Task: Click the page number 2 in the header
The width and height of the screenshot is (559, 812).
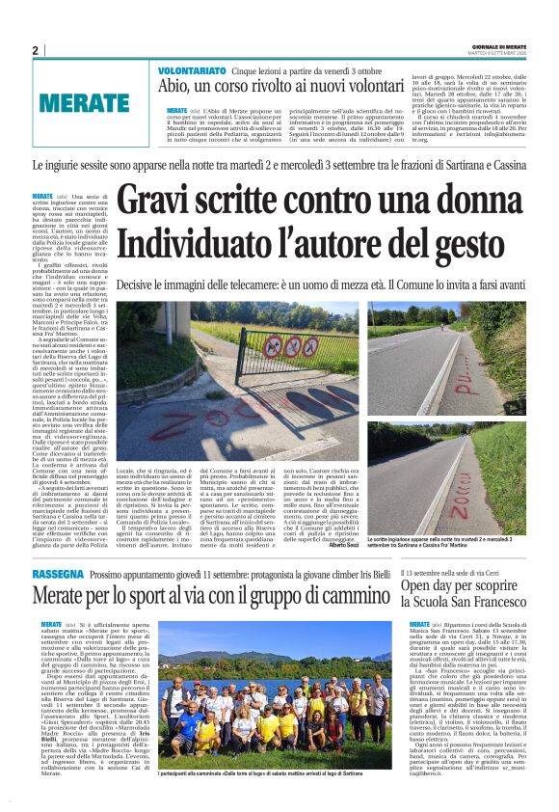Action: (x=35, y=50)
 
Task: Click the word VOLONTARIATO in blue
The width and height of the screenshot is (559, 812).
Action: (x=193, y=70)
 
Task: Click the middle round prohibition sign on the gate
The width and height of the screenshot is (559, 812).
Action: (x=274, y=343)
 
